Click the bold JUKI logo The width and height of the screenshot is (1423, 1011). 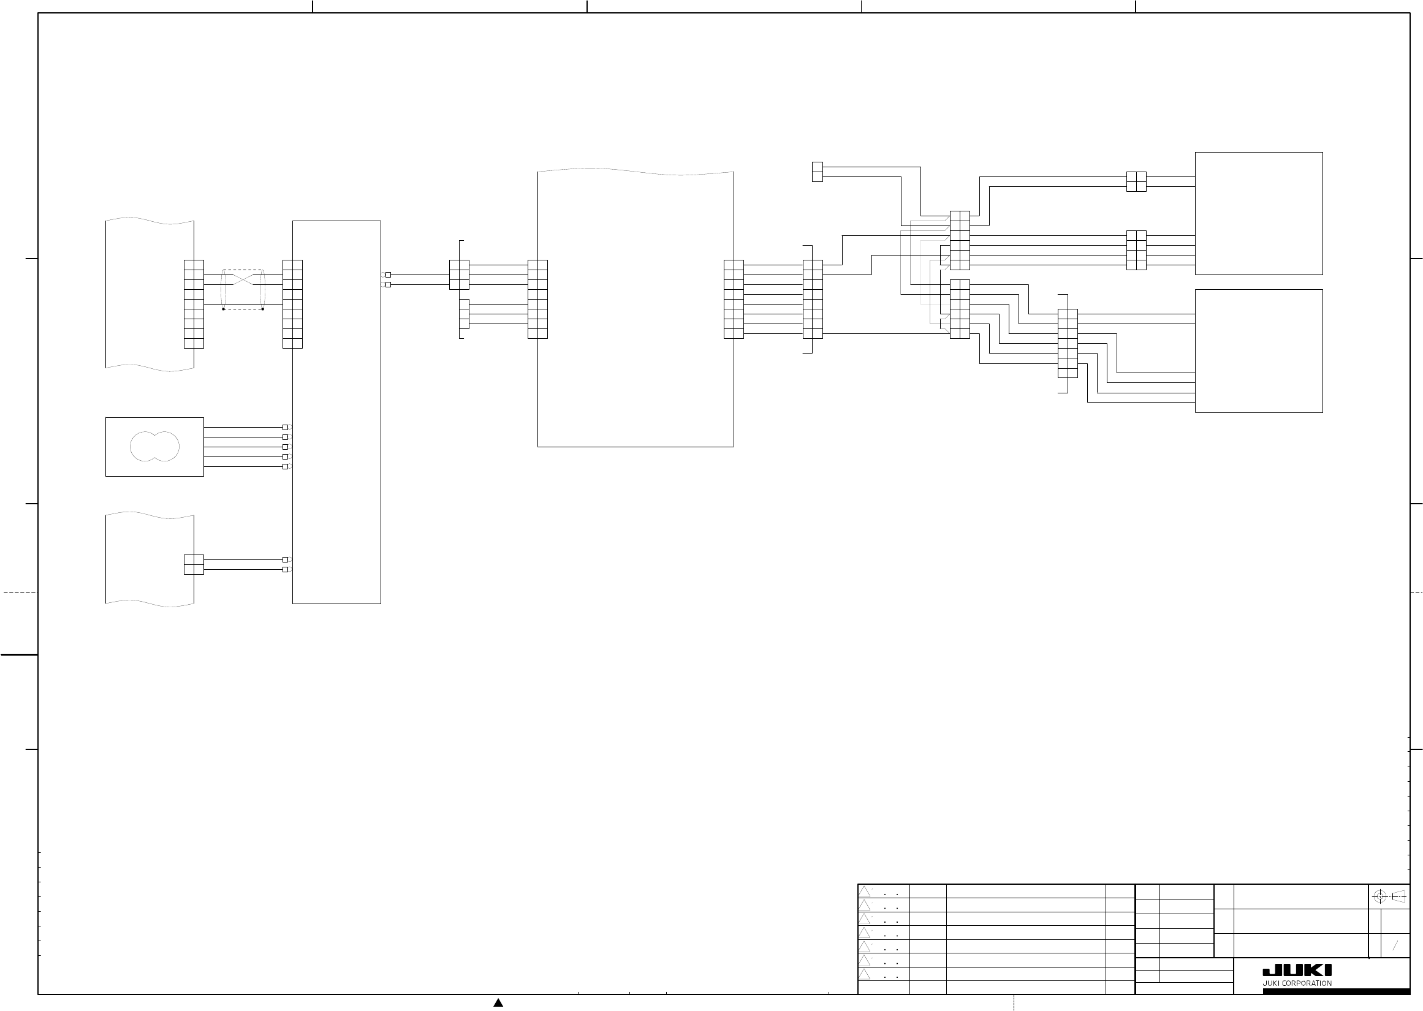(x=1297, y=970)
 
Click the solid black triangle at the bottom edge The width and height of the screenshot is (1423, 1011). (x=498, y=1002)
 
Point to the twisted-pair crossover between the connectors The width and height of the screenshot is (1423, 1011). (x=243, y=279)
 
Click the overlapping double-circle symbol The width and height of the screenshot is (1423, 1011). (x=154, y=446)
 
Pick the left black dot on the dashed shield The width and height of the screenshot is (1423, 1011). (x=224, y=309)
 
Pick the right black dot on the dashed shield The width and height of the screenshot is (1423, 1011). (x=263, y=309)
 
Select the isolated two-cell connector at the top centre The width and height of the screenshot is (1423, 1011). (x=818, y=172)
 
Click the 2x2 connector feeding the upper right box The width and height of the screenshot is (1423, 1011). (x=1136, y=182)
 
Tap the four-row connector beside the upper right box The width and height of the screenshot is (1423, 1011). (x=1136, y=250)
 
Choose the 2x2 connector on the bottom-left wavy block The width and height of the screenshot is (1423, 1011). (x=194, y=564)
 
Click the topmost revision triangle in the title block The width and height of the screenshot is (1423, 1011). (x=864, y=891)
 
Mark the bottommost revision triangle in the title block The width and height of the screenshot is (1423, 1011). (x=864, y=974)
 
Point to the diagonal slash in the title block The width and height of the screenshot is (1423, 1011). (x=1395, y=945)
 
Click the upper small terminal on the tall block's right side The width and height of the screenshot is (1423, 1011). (x=388, y=275)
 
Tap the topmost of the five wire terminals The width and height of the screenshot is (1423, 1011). (x=285, y=427)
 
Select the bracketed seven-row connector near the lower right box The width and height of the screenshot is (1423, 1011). (x=1068, y=344)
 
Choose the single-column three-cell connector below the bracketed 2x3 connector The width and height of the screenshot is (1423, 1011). (x=464, y=314)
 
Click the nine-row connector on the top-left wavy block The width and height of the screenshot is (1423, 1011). (x=194, y=304)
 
